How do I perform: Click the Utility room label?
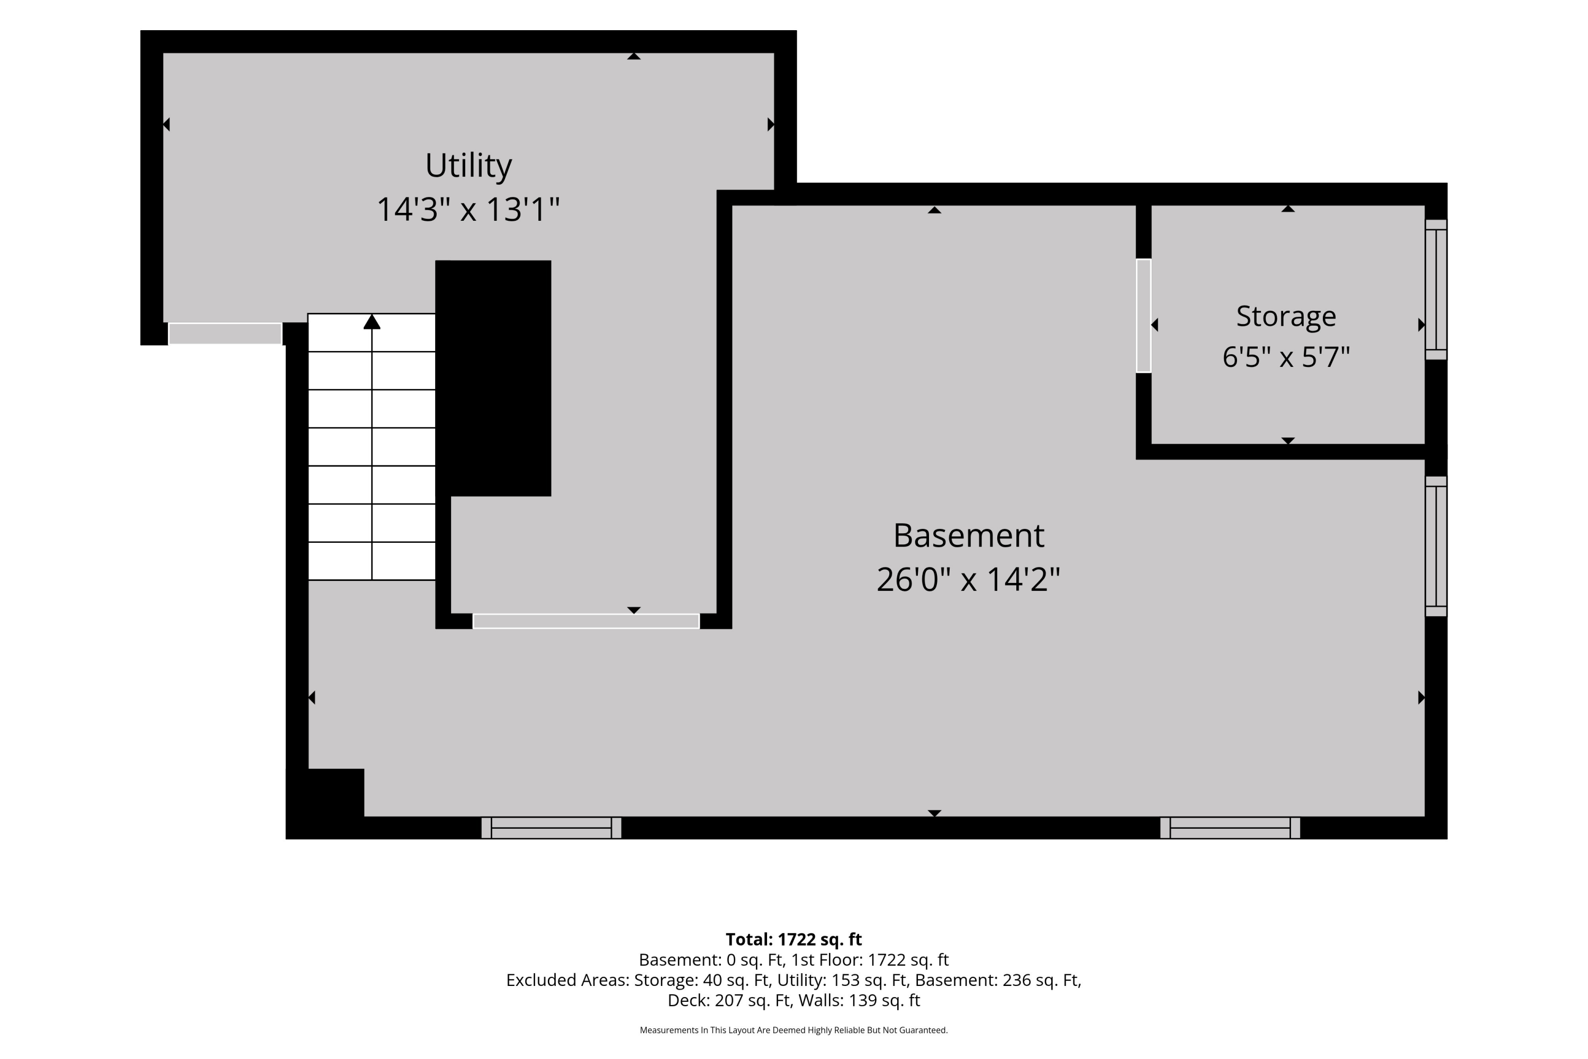coord(468,165)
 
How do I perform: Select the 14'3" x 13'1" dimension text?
coord(468,209)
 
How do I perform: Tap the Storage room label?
coord(1286,317)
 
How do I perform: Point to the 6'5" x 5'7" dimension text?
coord(1286,356)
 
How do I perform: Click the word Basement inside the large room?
coord(968,535)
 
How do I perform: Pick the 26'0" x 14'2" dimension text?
coord(968,579)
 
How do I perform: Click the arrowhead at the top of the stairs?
coord(372,321)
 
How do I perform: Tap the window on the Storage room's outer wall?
coord(1436,290)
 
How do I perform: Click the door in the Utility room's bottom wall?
coord(586,621)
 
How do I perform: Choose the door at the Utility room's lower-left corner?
coord(225,334)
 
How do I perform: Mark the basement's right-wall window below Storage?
coord(1436,546)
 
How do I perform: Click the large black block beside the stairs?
coord(493,378)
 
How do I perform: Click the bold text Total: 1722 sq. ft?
coord(793,939)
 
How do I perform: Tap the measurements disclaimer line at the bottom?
coord(793,1030)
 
